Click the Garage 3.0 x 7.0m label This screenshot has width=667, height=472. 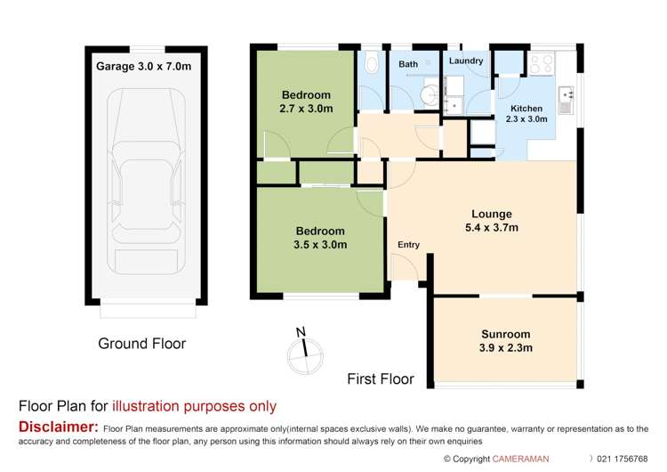[143, 65]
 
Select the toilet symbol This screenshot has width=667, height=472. [372, 62]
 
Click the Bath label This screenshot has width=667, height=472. [408, 64]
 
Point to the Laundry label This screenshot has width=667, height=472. [466, 61]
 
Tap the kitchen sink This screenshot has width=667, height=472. [566, 95]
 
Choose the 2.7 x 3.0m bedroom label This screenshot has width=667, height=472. [306, 102]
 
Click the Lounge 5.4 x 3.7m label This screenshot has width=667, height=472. [493, 221]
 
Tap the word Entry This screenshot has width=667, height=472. [408, 245]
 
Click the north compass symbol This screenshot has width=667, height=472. [305, 351]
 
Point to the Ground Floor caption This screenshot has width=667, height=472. [142, 343]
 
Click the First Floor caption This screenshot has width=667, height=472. [381, 378]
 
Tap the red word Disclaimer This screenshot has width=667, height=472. [59, 428]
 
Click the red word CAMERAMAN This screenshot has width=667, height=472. [527, 460]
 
